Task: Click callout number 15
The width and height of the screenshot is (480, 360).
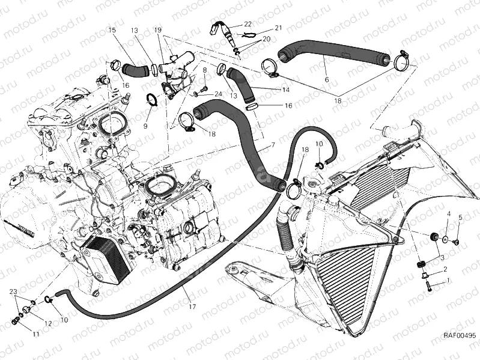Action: [x=111, y=29]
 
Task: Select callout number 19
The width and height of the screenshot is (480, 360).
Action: [x=158, y=29]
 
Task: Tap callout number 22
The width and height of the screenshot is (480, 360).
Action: [x=248, y=24]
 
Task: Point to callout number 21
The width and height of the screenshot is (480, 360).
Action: [x=278, y=28]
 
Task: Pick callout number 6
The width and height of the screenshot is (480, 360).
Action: [x=327, y=79]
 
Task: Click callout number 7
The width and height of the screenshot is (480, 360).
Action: [x=273, y=145]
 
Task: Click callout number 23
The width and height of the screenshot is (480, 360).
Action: [x=13, y=291]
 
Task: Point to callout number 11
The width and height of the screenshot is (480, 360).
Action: [x=36, y=334]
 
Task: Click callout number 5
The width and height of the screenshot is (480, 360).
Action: [x=460, y=217]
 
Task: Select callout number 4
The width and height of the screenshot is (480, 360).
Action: [x=448, y=214]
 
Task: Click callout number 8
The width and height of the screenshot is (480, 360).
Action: [x=204, y=70]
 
